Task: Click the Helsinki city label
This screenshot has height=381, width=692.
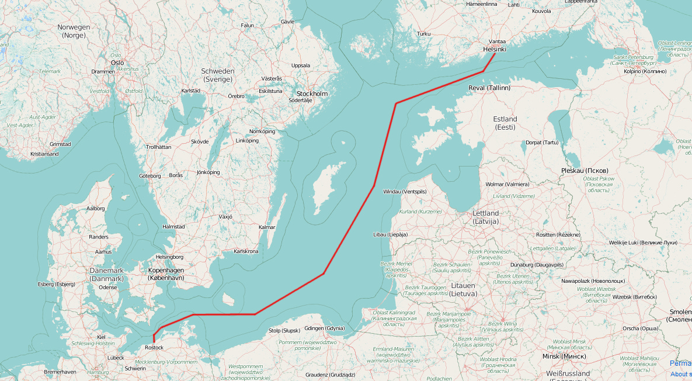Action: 495,50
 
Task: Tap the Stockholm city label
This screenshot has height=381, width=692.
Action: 312,93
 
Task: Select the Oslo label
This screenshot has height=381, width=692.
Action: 117,62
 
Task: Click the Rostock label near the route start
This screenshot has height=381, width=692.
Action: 154,348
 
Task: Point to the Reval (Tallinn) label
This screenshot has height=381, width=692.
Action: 489,88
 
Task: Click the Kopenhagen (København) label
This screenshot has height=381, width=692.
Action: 166,274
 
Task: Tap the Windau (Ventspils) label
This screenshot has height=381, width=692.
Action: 405,192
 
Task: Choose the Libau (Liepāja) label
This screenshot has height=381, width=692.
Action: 390,234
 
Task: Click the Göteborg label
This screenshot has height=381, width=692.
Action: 150,175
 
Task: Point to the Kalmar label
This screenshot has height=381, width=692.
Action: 266,227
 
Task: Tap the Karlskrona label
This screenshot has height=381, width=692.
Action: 246,251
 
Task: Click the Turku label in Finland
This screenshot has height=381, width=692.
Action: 423,34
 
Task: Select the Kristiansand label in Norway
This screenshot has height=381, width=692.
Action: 44,154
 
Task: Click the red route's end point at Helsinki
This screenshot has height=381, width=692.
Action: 495,54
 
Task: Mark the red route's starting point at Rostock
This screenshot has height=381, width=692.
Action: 154,340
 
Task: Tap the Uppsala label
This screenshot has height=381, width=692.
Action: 300,65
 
